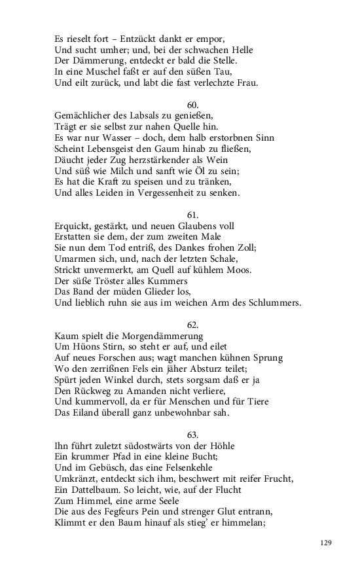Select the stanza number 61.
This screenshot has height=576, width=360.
coord(193,215)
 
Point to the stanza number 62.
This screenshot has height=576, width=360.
coord(193,325)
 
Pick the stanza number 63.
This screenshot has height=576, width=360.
coord(193,435)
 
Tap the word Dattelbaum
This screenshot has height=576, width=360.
coord(95,491)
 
